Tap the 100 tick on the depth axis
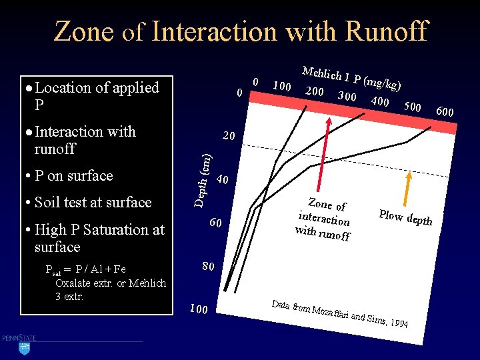[198, 309]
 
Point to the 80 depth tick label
[208, 267]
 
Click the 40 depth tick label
[223, 180]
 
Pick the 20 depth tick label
[228, 137]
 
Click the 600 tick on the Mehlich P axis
[443, 112]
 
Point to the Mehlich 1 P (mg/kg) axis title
[351, 78]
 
